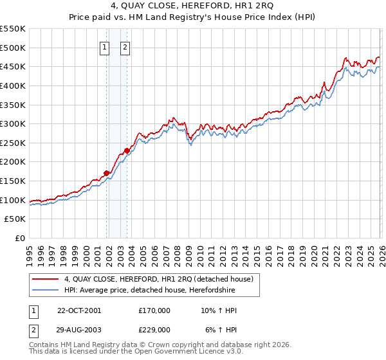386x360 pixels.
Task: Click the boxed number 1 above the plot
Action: point(104,46)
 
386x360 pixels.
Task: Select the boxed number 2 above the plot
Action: point(125,46)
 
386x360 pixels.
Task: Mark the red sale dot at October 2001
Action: point(106,173)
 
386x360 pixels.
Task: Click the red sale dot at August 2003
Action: point(127,150)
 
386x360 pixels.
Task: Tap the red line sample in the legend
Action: point(46,279)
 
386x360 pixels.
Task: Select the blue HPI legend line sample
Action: point(46,290)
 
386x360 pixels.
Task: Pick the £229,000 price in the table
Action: point(154,329)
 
